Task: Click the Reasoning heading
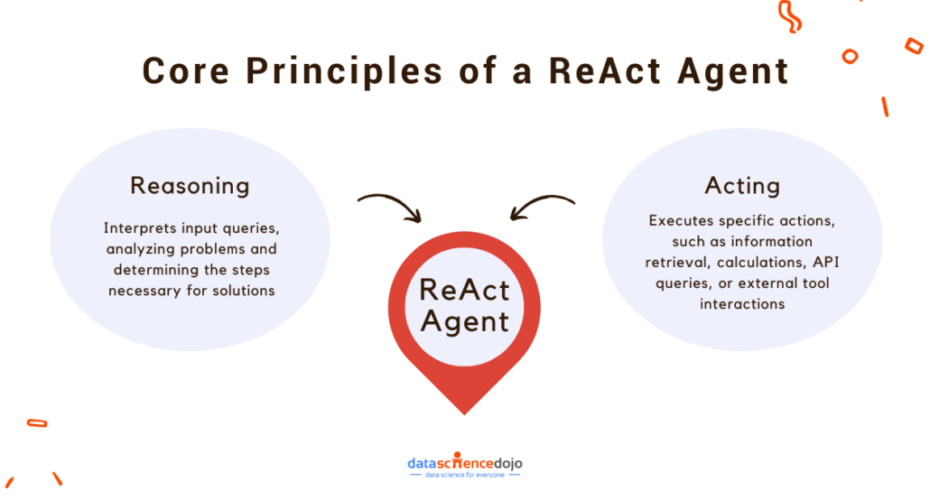tap(190, 185)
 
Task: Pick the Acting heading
tap(741, 185)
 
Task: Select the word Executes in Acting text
tap(683, 220)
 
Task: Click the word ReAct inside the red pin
tap(465, 291)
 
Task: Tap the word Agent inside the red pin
tap(465, 320)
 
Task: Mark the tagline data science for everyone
tap(465, 475)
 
